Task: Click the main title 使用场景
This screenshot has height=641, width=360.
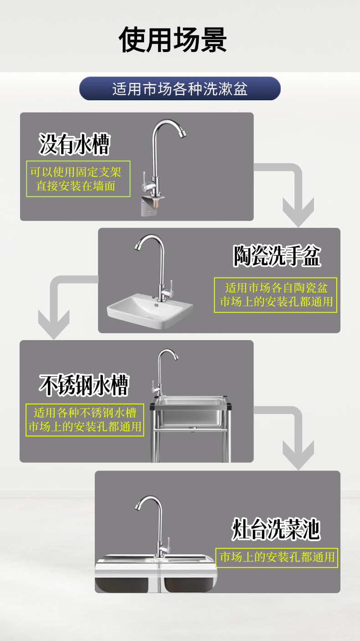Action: [173, 40]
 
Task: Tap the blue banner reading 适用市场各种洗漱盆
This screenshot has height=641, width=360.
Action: [180, 88]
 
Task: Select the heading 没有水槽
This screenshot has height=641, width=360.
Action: [74, 144]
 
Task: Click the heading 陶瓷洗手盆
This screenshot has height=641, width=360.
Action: [277, 256]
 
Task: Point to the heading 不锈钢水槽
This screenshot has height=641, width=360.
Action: [84, 386]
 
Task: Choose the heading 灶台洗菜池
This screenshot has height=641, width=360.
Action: [276, 529]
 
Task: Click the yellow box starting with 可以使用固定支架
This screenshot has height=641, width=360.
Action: [78, 179]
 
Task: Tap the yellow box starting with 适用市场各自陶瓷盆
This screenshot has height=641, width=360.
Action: [276, 295]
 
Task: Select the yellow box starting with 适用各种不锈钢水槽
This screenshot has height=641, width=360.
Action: [85, 420]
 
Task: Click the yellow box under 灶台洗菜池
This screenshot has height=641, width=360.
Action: [277, 557]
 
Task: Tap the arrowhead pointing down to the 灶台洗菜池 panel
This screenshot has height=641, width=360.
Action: [298, 455]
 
